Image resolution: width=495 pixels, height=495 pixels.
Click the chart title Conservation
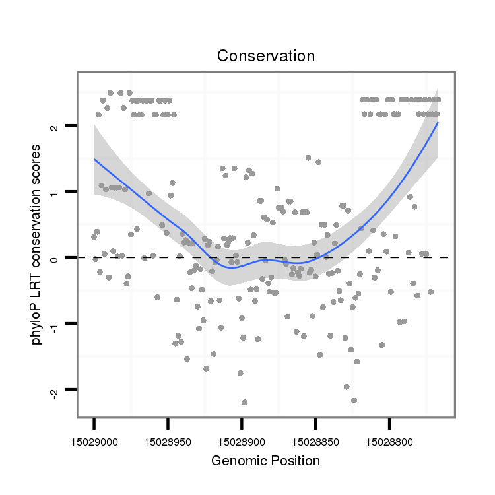click(266, 56)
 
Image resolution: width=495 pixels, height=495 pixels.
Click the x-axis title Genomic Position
click(265, 461)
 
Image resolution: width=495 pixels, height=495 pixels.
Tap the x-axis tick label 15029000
click(94, 437)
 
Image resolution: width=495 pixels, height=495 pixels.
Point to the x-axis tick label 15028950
click(168, 437)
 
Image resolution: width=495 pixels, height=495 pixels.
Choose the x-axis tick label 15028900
click(242, 437)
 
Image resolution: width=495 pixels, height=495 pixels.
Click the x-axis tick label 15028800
click(389, 437)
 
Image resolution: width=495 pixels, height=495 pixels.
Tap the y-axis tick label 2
click(54, 126)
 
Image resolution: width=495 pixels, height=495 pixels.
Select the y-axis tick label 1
click(54, 192)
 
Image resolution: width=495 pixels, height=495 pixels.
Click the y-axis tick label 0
click(54, 257)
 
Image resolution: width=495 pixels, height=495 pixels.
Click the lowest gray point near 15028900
click(245, 402)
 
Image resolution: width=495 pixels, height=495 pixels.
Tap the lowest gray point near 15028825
click(354, 400)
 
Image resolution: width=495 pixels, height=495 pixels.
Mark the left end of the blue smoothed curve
click(94, 159)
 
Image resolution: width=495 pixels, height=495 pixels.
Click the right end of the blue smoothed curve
click(438, 123)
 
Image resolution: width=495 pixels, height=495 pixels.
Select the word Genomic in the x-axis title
click(235, 461)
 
